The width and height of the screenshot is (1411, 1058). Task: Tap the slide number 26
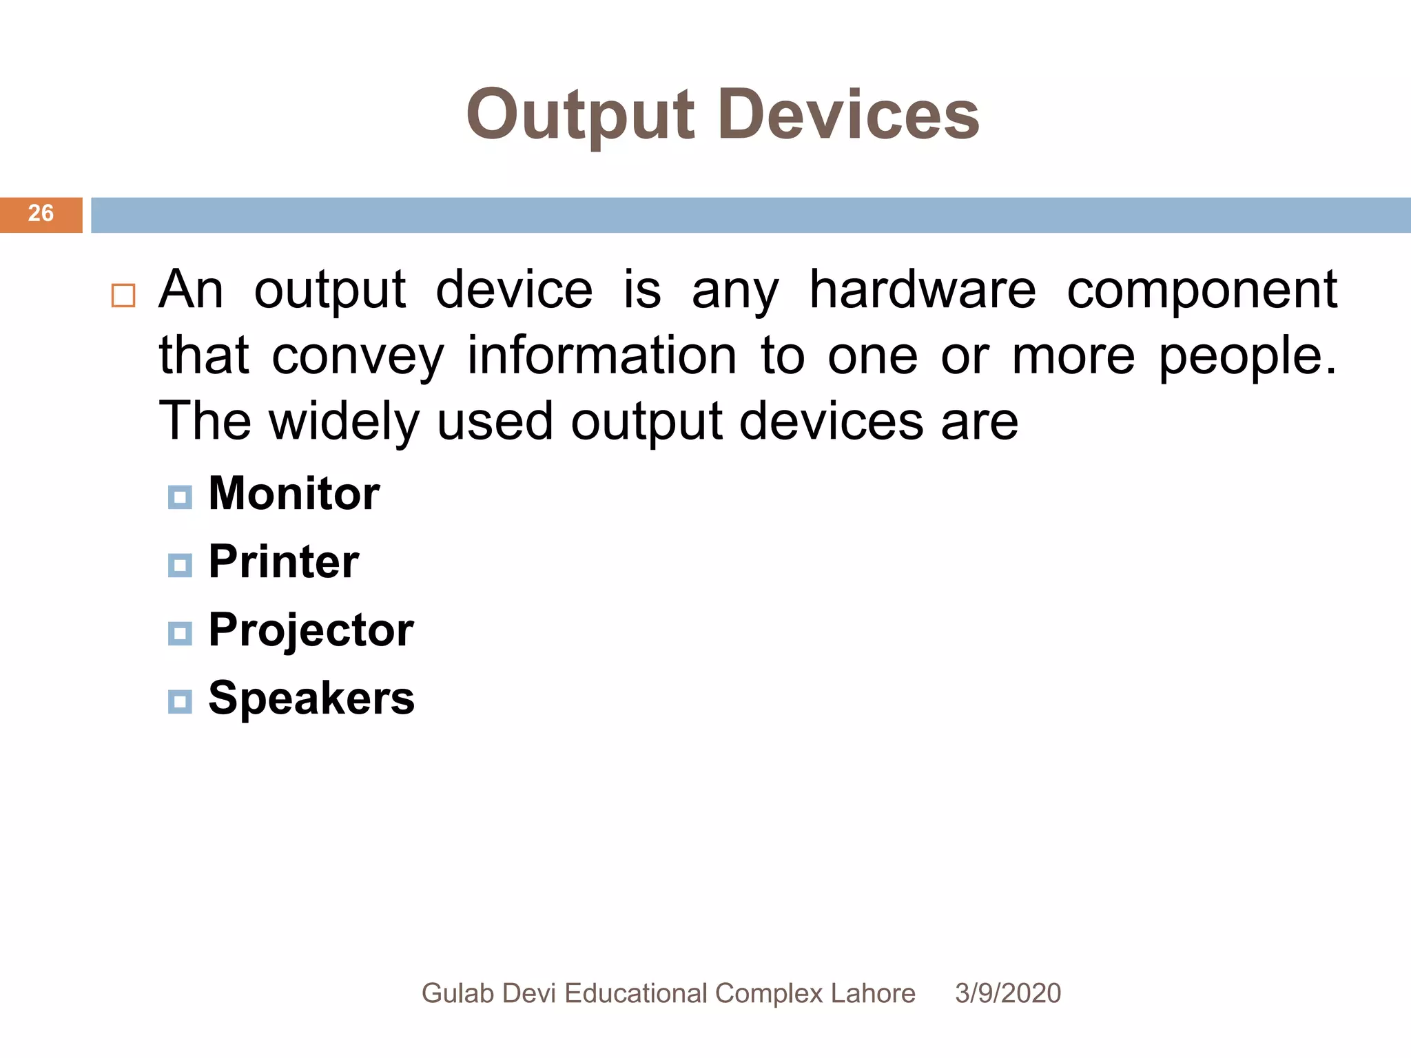pyautogui.click(x=41, y=214)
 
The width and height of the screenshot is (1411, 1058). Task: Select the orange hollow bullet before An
pyautogui.click(x=123, y=295)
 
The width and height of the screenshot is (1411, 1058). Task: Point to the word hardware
pyautogui.click(x=922, y=290)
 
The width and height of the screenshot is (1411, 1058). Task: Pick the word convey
pyautogui.click(x=358, y=357)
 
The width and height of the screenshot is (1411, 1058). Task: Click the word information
pyautogui.click(x=601, y=355)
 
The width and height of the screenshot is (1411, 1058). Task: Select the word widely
pyautogui.click(x=344, y=422)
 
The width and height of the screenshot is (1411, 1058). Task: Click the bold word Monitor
pyautogui.click(x=293, y=494)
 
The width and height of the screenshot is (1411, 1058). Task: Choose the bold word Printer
pyautogui.click(x=283, y=562)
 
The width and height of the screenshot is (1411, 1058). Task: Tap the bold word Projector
pyautogui.click(x=311, y=630)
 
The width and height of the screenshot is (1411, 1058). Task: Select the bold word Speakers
pyautogui.click(x=311, y=698)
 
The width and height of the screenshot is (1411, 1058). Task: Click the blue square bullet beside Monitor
pyautogui.click(x=180, y=497)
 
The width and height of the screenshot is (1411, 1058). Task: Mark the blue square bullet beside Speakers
pyautogui.click(x=180, y=702)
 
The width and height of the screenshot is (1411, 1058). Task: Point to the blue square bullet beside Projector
pyautogui.click(x=180, y=634)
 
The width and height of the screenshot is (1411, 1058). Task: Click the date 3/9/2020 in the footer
pyautogui.click(x=1007, y=993)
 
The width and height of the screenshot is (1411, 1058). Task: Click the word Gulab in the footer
pyautogui.click(x=457, y=993)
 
